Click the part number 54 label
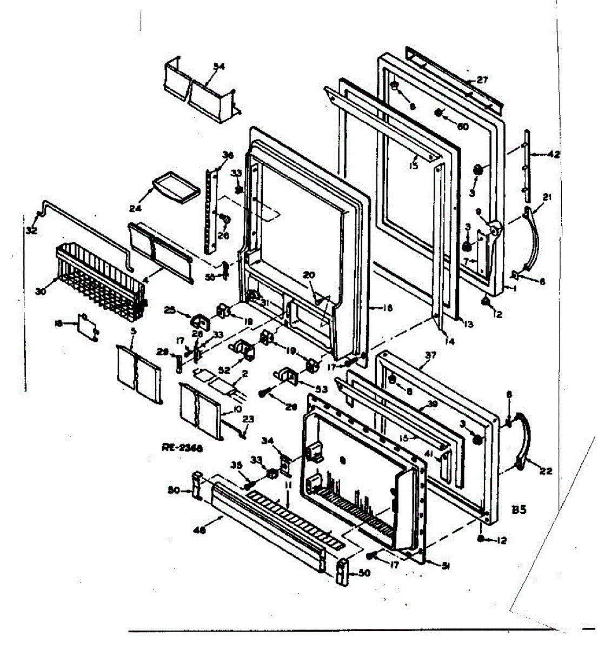[x=218, y=67]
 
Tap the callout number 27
[x=482, y=80]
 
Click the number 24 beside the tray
[x=134, y=207]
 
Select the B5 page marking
[x=519, y=509]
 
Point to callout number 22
[x=546, y=471]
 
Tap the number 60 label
[x=462, y=127]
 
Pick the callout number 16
[x=387, y=309]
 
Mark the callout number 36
[x=228, y=155]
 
